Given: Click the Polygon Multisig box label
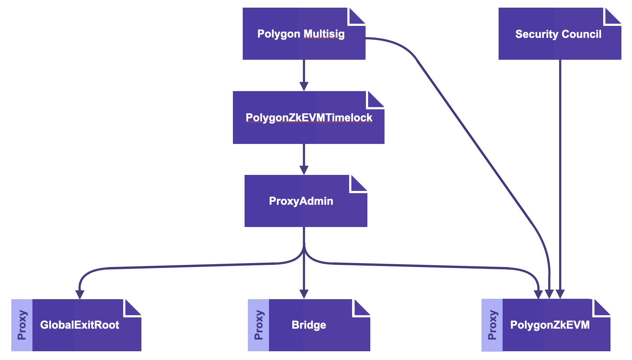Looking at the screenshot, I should click(x=301, y=34).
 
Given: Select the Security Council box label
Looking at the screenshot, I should click(x=558, y=34).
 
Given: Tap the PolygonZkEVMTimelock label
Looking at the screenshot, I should click(x=309, y=118).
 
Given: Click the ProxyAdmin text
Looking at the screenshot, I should click(x=301, y=201).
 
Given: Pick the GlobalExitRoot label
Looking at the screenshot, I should click(x=79, y=325).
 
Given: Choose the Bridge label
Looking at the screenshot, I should click(x=309, y=325).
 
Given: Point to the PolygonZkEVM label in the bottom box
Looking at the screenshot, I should click(x=550, y=325).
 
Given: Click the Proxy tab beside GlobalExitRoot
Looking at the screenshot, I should click(x=22, y=325).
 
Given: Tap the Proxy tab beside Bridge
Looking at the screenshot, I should click(x=258, y=325).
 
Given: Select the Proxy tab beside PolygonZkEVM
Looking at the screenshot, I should click(x=492, y=325).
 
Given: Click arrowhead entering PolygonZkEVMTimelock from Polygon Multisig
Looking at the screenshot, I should click(x=304, y=86).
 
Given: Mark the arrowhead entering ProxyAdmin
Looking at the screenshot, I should click(x=304, y=170).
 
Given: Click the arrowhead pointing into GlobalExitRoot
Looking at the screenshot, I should click(x=80, y=294).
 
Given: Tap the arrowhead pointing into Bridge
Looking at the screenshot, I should click(x=304, y=294).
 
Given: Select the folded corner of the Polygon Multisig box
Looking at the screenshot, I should click(x=356, y=16).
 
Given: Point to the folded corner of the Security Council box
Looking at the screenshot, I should click(x=612, y=16).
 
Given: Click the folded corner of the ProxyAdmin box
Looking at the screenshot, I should click(x=358, y=184).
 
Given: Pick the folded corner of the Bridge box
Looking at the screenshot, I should click(x=361, y=308).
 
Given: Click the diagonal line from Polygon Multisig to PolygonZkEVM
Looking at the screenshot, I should click(x=474, y=142).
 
